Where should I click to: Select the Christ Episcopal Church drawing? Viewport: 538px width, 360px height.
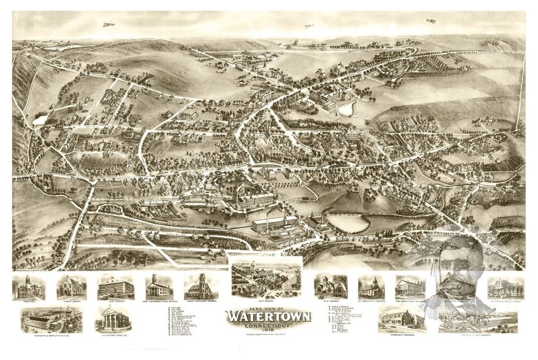(199, 285)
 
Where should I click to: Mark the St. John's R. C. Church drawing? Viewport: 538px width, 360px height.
(371, 287)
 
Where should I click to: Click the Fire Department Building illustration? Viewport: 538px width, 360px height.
(410, 287)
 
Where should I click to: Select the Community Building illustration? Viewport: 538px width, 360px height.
(403, 320)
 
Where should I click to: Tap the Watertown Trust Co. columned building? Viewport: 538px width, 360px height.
(112, 318)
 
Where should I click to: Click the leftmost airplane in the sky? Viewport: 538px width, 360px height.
(108, 24)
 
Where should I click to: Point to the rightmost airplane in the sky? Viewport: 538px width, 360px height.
(431, 21)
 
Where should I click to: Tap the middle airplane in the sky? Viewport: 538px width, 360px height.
(309, 26)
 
